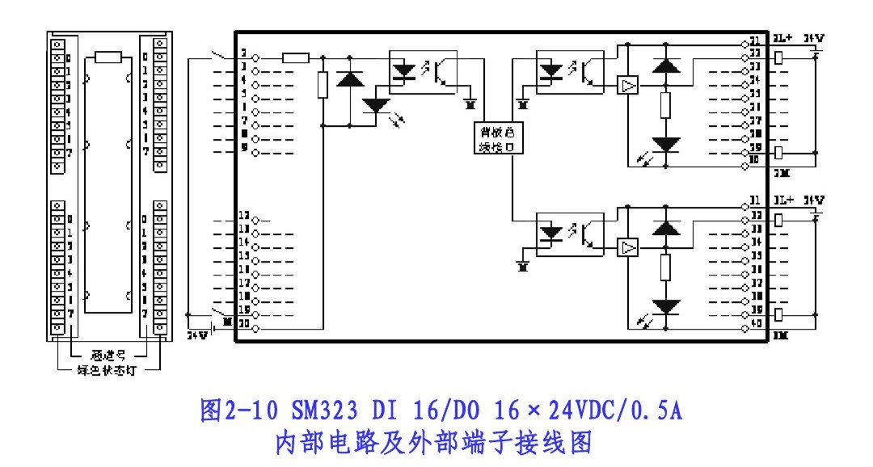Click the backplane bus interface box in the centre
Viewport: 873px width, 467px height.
point(493,138)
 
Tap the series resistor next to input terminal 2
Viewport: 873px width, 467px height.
point(296,57)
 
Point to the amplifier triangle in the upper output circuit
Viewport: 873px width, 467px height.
point(627,86)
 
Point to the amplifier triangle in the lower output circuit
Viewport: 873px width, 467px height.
point(627,247)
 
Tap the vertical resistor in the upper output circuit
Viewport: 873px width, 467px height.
point(665,105)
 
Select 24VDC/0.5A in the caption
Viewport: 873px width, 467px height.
point(615,412)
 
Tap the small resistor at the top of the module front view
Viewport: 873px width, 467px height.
point(108,57)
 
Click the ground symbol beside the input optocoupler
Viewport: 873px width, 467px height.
point(471,103)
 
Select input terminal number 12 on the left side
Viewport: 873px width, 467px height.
point(242,217)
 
